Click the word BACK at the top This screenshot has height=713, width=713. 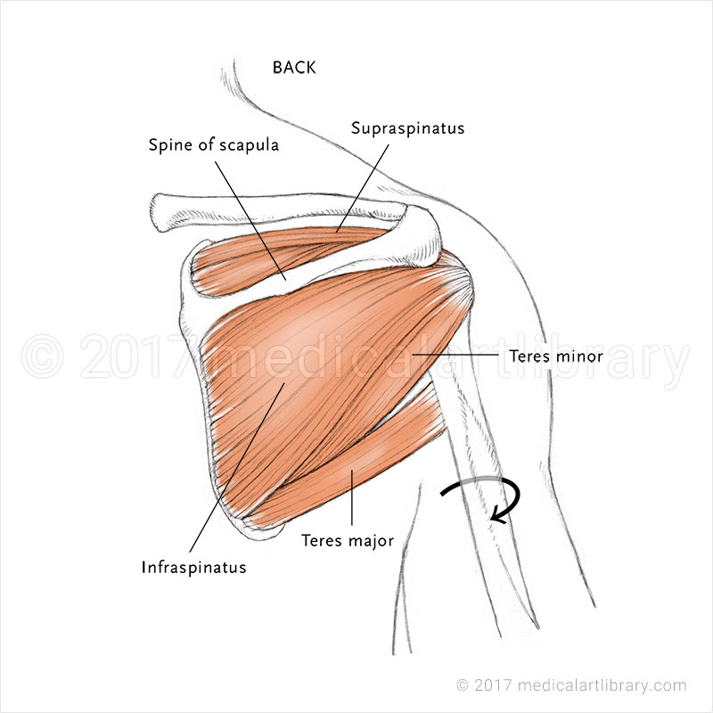[x=294, y=67]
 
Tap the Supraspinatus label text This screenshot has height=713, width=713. [x=407, y=128]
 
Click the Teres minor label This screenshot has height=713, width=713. [x=556, y=356]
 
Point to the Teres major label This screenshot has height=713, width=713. [x=348, y=540]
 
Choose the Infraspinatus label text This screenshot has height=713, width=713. [x=193, y=566]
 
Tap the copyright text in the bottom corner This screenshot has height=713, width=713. [x=571, y=685]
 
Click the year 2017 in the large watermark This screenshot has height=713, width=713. [x=134, y=356]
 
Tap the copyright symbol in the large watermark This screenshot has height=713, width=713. [x=42, y=356]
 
